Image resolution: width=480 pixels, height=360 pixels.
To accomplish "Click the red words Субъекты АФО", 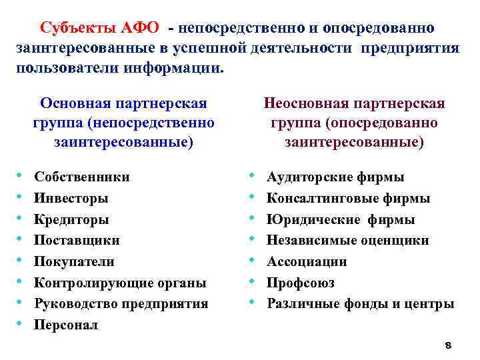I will (99, 28).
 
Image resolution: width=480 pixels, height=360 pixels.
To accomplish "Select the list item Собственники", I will (82, 177).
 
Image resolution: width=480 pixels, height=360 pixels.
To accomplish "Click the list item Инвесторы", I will (71, 198).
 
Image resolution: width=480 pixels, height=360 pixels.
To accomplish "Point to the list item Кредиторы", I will (71, 219).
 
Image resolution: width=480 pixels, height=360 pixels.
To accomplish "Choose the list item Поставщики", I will (77, 240).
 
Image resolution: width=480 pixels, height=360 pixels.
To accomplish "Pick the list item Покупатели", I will (74, 261).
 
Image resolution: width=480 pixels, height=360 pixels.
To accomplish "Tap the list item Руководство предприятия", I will (121, 304).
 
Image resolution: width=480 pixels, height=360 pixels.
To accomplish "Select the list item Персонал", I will (66, 325).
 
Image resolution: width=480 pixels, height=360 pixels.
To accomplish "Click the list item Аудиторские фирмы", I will (335, 177).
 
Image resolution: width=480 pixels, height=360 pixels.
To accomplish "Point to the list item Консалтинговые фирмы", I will (348, 198).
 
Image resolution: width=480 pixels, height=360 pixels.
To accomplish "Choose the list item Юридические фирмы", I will (340, 219).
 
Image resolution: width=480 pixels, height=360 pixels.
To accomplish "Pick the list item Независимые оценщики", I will (347, 240).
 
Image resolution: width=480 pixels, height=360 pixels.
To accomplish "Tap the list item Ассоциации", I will (307, 261).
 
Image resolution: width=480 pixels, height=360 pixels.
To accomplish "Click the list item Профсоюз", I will (300, 283).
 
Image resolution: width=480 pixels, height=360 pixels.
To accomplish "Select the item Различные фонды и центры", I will (360, 304).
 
